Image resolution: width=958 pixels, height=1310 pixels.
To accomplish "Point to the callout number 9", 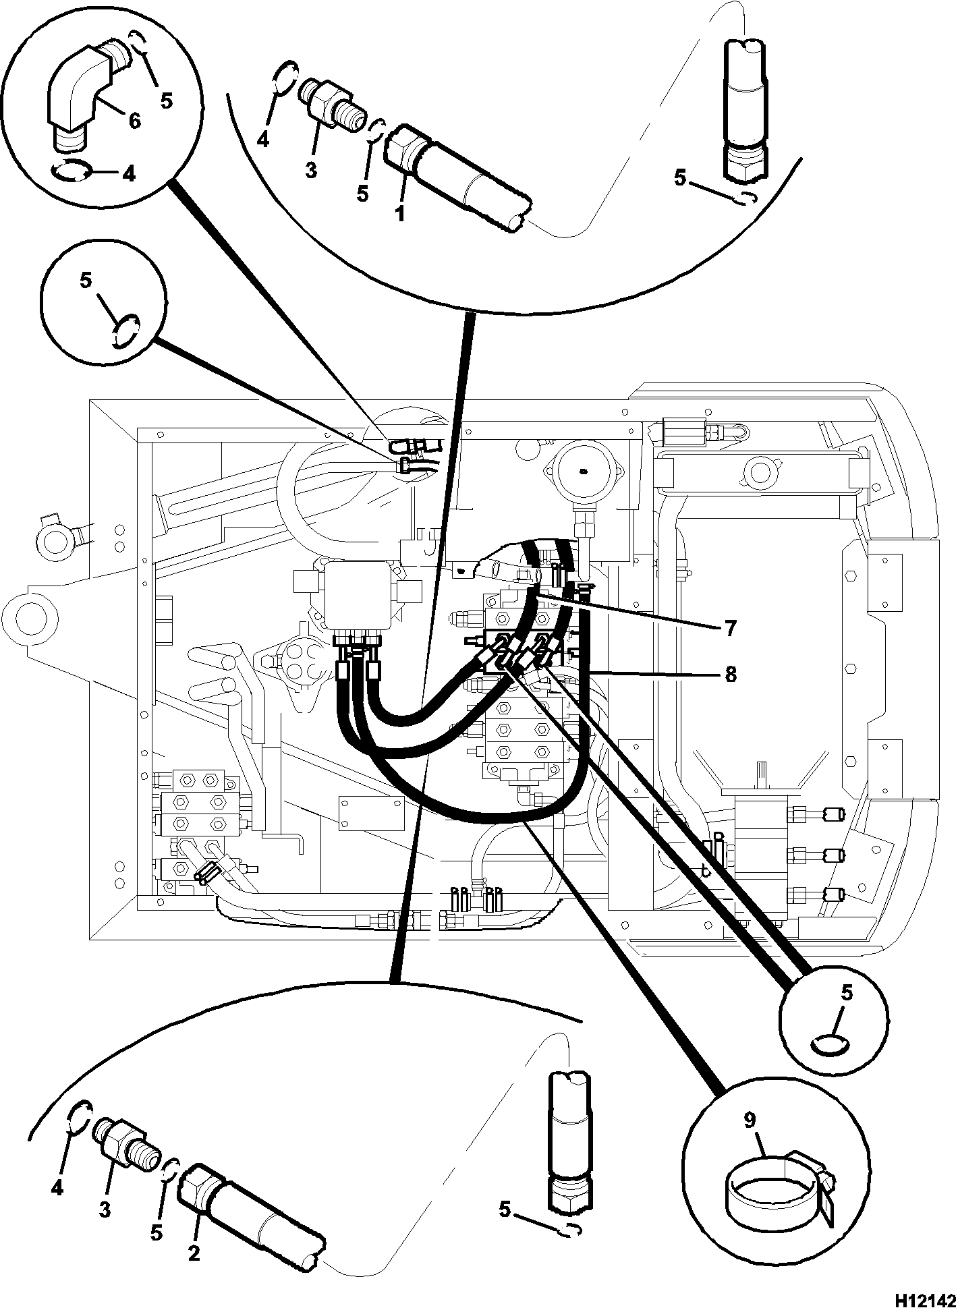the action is (751, 1120).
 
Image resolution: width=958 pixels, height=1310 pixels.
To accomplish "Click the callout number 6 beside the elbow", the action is (134, 121).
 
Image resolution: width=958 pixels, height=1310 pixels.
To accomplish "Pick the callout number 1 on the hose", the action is (400, 215).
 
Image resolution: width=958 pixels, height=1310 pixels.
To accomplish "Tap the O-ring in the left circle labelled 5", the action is (126, 331).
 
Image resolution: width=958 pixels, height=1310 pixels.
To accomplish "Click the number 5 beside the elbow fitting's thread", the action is (166, 101).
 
